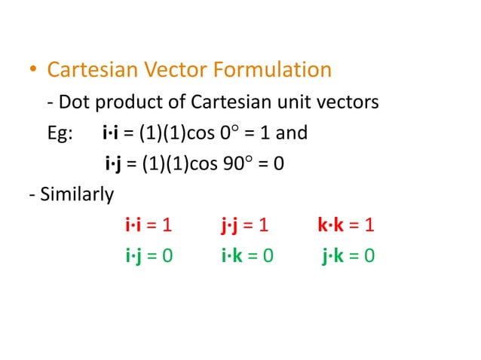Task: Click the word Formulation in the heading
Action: pyautogui.click(x=272, y=70)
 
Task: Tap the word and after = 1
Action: pyautogui.click(x=292, y=133)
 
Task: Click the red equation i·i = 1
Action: pyautogui.click(x=149, y=225)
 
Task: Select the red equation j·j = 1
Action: pyautogui.click(x=245, y=225)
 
